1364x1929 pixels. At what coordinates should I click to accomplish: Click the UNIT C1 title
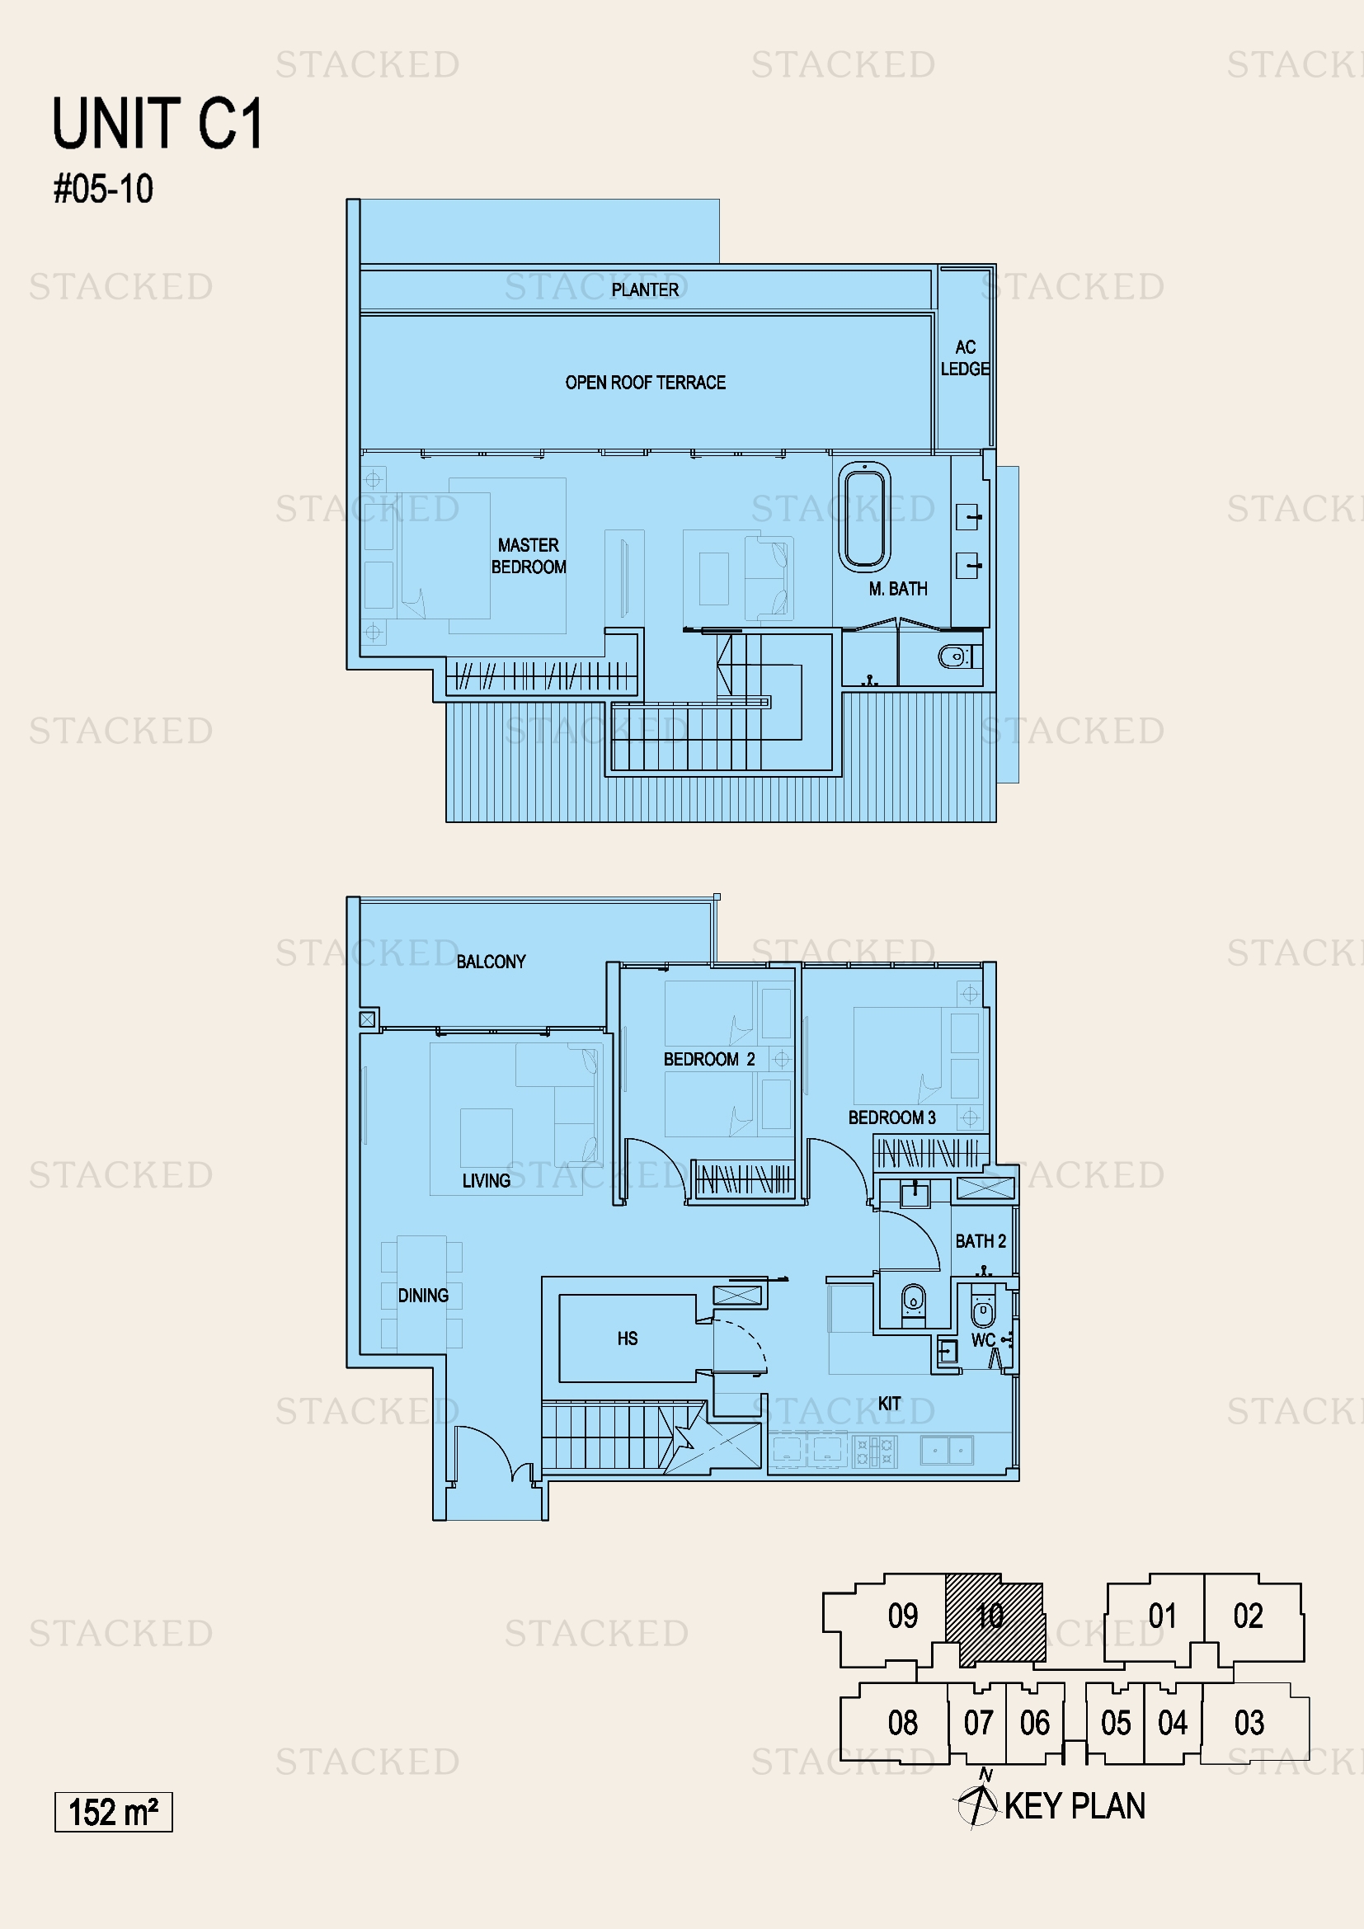pyautogui.click(x=157, y=124)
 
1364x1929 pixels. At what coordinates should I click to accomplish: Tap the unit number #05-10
pyautogui.click(x=103, y=189)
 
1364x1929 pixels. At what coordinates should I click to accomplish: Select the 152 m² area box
pyautogui.click(x=113, y=1811)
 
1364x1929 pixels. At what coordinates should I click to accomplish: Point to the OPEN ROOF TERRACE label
pyautogui.click(x=645, y=383)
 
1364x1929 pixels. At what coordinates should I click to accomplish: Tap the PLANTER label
pyautogui.click(x=645, y=289)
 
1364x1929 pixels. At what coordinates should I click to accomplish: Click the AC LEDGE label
pyautogui.click(x=965, y=358)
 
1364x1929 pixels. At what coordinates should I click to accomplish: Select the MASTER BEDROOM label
pyautogui.click(x=529, y=556)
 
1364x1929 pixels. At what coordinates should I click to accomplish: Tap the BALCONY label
pyautogui.click(x=491, y=961)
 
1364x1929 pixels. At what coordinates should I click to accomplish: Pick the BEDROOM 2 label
pyautogui.click(x=709, y=1060)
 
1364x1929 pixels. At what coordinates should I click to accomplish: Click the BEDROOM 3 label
pyautogui.click(x=891, y=1117)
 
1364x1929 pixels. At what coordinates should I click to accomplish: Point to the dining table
pyautogui.click(x=421, y=1292)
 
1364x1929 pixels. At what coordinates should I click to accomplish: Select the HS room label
pyautogui.click(x=628, y=1339)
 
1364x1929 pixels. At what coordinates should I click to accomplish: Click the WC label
pyautogui.click(x=983, y=1340)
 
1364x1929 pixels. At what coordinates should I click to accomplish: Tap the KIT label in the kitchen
pyautogui.click(x=890, y=1403)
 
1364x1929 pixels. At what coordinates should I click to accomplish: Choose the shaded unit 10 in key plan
pyautogui.click(x=995, y=1619)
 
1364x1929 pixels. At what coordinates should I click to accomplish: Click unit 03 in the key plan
pyautogui.click(x=1249, y=1722)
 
